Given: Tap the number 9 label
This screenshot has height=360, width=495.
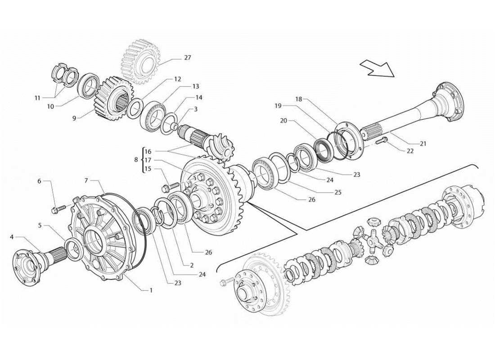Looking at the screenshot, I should [73, 118].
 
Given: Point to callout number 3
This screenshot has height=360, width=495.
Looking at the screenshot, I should [195, 109].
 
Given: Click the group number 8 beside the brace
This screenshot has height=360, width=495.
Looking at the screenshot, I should [136, 159].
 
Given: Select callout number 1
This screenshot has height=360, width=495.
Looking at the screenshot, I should [151, 290].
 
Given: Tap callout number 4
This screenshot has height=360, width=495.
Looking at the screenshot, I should [12, 236].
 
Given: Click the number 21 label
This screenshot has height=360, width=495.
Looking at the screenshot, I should [423, 144].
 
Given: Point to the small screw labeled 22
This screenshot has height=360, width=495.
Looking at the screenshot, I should [379, 141].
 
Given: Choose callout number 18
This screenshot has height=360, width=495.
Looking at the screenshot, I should [298, 99].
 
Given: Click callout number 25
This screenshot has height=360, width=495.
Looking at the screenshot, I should [338, 192].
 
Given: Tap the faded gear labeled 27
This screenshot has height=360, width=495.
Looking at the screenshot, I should [141, 61].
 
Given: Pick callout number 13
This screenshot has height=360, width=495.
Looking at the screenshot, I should [195, 86].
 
